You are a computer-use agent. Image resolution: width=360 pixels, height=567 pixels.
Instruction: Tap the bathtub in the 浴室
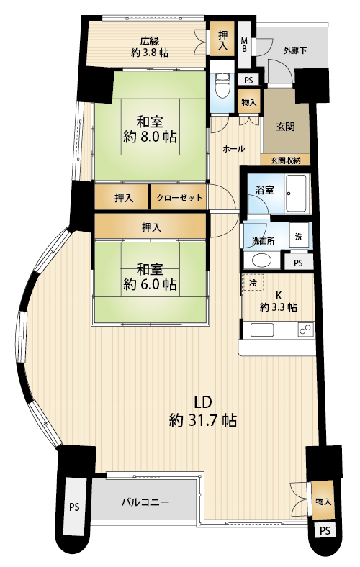coord(297,194)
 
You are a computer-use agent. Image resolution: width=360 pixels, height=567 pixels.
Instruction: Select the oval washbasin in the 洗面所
coord(261,260)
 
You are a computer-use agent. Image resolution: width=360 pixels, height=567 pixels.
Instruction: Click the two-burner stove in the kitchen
coord(305,330)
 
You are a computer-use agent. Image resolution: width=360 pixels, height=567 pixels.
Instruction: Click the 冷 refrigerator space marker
coord(253,282)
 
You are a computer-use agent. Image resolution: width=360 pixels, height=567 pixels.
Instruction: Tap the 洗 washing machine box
coord(299,236)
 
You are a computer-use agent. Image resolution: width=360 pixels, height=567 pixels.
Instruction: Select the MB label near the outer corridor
coord(245,45)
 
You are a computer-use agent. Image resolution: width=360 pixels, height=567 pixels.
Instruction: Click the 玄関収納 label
coord(286,160)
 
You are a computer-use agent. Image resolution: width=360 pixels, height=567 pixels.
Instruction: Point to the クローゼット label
coord(179,198)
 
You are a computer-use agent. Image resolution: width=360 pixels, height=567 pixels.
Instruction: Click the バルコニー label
coord(145,502)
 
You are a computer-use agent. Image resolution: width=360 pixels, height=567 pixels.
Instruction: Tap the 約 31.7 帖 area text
coord(203,420)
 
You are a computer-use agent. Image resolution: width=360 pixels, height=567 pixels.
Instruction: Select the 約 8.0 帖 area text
coord(150,137)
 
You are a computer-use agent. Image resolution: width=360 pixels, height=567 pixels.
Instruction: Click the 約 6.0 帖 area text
coord(150,284)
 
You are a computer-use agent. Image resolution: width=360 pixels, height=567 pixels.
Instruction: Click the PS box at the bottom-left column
coord(74,507)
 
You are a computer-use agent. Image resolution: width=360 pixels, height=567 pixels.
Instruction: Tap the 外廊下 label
coord(295,50)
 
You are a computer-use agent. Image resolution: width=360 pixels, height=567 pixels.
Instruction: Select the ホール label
coord(234,149)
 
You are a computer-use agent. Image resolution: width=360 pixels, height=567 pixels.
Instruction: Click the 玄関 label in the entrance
coord(285,127)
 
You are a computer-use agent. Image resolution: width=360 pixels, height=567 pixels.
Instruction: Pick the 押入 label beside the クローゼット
coord(124,198)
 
